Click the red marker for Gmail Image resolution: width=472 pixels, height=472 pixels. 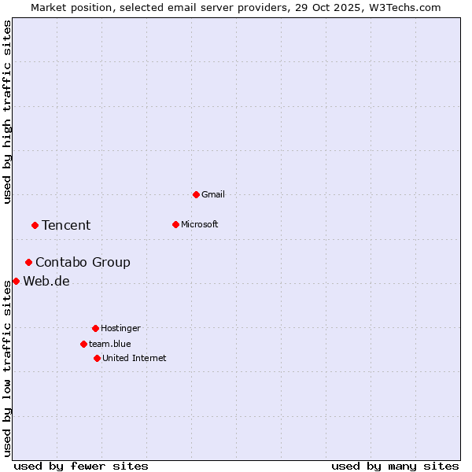(196, 194)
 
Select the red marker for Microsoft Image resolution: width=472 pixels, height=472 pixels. (175, 224)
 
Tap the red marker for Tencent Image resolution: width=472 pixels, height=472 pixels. (35, 225)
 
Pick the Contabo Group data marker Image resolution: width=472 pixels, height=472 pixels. (28, 262)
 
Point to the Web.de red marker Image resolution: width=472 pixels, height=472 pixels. (16, 281)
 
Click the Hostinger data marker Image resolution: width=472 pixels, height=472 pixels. (95, 328)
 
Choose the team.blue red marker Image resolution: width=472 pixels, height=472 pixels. (83, 344)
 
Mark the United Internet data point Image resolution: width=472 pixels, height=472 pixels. (97, 358)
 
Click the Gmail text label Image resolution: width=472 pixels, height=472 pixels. (213, 194)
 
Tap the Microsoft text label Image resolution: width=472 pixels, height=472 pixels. (200, 224)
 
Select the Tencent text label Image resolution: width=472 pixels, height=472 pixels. (66, 225)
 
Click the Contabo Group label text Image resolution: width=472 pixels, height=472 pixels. (83, 262)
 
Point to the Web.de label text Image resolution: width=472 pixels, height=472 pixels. (46, 281)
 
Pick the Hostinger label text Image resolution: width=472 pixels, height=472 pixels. (120, 328)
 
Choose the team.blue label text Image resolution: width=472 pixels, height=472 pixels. (110, 344)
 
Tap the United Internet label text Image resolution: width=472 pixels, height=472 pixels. (135, 358)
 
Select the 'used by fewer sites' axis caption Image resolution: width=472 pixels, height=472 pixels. (81, 466)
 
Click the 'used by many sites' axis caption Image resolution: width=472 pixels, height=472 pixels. (395, 466)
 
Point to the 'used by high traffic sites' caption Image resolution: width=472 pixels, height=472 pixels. (7, 112)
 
